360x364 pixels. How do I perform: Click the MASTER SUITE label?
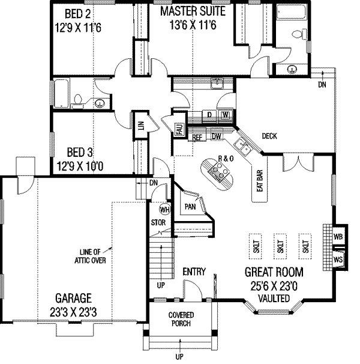pos(191,11)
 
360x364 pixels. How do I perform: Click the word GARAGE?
pos(74,298)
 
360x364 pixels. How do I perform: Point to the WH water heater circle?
pos(164,210)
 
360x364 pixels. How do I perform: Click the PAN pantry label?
pos(191,207)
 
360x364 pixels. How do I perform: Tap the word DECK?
pos(269,136)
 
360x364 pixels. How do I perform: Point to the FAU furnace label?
pos(179,129)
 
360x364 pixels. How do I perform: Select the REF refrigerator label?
pos(196,137)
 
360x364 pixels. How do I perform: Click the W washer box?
pos(226,114)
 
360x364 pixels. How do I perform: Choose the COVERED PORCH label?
pos(179,320)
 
